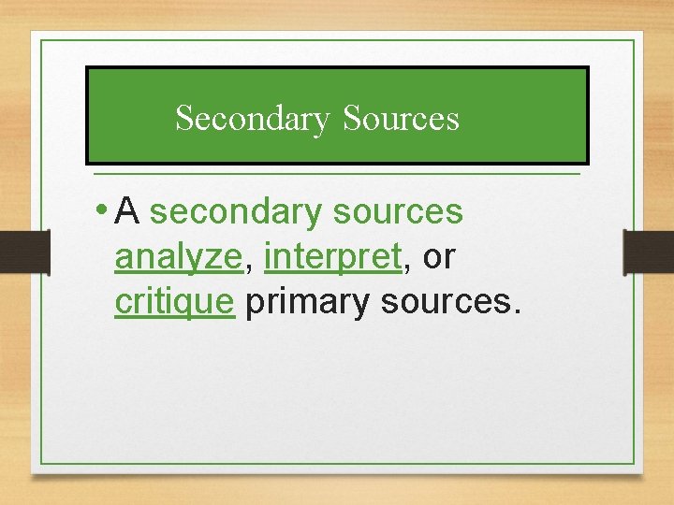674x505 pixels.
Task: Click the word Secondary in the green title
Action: (x=253, y=119)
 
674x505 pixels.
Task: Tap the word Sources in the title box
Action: (x=401, y=119)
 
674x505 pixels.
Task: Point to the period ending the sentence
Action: (x=513, y=312)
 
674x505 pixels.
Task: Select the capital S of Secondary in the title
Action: (x=183, y=119)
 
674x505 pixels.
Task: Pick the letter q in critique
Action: (x=188, y=306)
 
